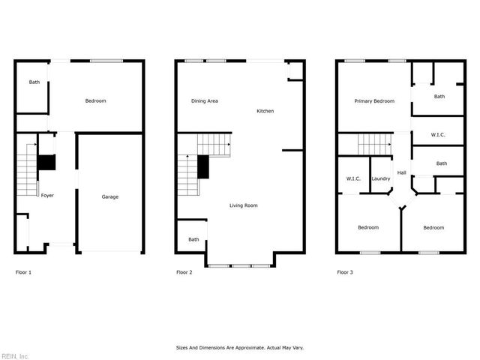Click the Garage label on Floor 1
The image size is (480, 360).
click(x=110, y=196)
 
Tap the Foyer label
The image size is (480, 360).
click(x=47, y=195)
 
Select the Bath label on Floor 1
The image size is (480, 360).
click(x=34, y=82)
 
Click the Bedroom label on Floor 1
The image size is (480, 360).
click(x=95, y=101)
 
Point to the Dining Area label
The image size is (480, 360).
click(x=204, y=100)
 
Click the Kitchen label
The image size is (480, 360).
click(x=265, y=111)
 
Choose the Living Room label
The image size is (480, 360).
click(x=244, y=205)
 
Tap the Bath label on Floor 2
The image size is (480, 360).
click(x=193, y=239)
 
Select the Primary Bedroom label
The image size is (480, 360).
click(x=374, y=100)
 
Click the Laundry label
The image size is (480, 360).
click(x=380, y=178)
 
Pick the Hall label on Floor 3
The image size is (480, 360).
click(x=402, y=173)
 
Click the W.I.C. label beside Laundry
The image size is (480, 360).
click(x=353, y=178)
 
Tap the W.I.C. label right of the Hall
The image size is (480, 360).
click(x=439, y=135)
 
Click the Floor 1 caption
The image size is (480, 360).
click(x=23, y=272)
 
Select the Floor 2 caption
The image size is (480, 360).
click(x=184, y=272)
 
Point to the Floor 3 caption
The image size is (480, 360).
click(x=345, y=272)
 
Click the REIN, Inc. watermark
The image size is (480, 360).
click(x=15, y=355)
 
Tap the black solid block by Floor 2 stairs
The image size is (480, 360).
click(x=202, y=166)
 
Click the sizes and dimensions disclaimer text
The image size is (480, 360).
click(x=240, y=348)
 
